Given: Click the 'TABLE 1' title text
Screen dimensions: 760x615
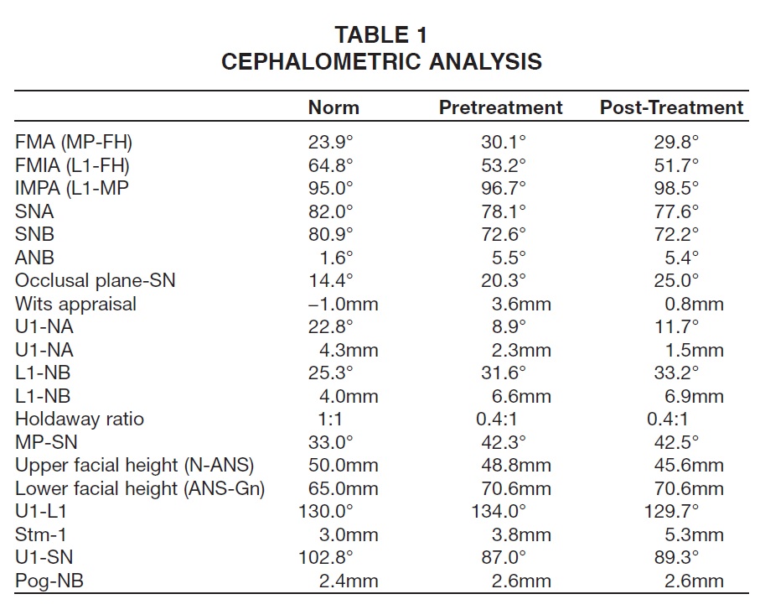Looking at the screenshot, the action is (381, 35).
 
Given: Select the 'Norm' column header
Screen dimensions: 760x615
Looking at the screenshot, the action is (333, 107).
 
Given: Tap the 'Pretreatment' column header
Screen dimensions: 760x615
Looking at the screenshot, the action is (501, 107).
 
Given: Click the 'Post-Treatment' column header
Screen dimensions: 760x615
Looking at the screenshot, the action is (672, 107).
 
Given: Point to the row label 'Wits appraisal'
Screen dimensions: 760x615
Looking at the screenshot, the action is (75, 305).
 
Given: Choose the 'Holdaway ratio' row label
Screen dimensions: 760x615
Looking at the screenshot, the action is (80, 419).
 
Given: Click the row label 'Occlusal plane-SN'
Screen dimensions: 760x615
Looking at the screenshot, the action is (95, 280).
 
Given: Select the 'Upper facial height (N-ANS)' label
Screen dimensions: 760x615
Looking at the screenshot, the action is (134, 465).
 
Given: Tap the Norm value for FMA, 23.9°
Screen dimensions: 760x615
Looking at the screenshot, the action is (330, 142).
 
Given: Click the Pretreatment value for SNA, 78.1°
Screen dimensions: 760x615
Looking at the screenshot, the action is (503, 211).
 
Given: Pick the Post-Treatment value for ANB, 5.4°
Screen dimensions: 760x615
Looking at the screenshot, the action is (681, 258).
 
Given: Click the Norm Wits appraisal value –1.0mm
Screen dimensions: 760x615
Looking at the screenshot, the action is (343, 305).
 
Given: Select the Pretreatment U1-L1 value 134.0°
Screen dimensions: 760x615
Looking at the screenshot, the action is (499, 511).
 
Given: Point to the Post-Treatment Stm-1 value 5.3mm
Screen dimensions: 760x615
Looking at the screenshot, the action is (694, 535).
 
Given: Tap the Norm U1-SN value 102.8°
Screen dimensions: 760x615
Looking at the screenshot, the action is (326, 557).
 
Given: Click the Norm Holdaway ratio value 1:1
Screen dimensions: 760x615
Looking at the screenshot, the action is (330, 419).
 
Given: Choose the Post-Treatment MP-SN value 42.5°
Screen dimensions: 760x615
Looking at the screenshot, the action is (676, 442).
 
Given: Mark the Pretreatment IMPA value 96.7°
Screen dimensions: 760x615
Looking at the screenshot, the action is (503, 188).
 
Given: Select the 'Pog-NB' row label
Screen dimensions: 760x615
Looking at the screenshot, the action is (49, 581).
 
